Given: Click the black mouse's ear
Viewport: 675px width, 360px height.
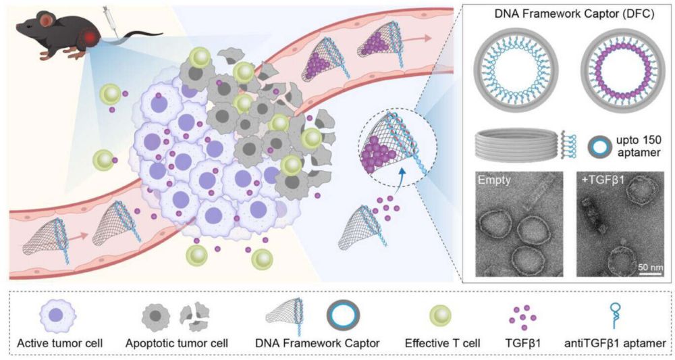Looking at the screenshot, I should click(45, 24).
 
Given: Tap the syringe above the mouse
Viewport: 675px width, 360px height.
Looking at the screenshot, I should click(108, 15).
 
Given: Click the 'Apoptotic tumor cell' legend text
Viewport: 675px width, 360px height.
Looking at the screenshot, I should click(177, 343).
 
